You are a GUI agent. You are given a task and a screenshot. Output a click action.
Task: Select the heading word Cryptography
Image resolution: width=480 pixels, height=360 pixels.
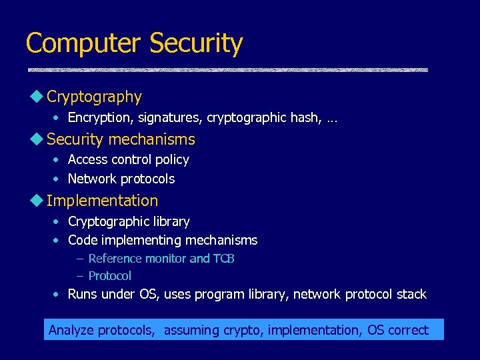click(x=94, y=97)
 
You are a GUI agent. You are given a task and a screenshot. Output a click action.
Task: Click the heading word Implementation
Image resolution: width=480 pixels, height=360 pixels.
click(x=102, y=201)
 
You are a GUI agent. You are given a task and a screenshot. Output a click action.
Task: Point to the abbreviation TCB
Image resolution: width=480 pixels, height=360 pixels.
click(x=223, y=259)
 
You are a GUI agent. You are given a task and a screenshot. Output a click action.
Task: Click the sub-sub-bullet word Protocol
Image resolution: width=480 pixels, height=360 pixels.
click(x=109, y=276)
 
